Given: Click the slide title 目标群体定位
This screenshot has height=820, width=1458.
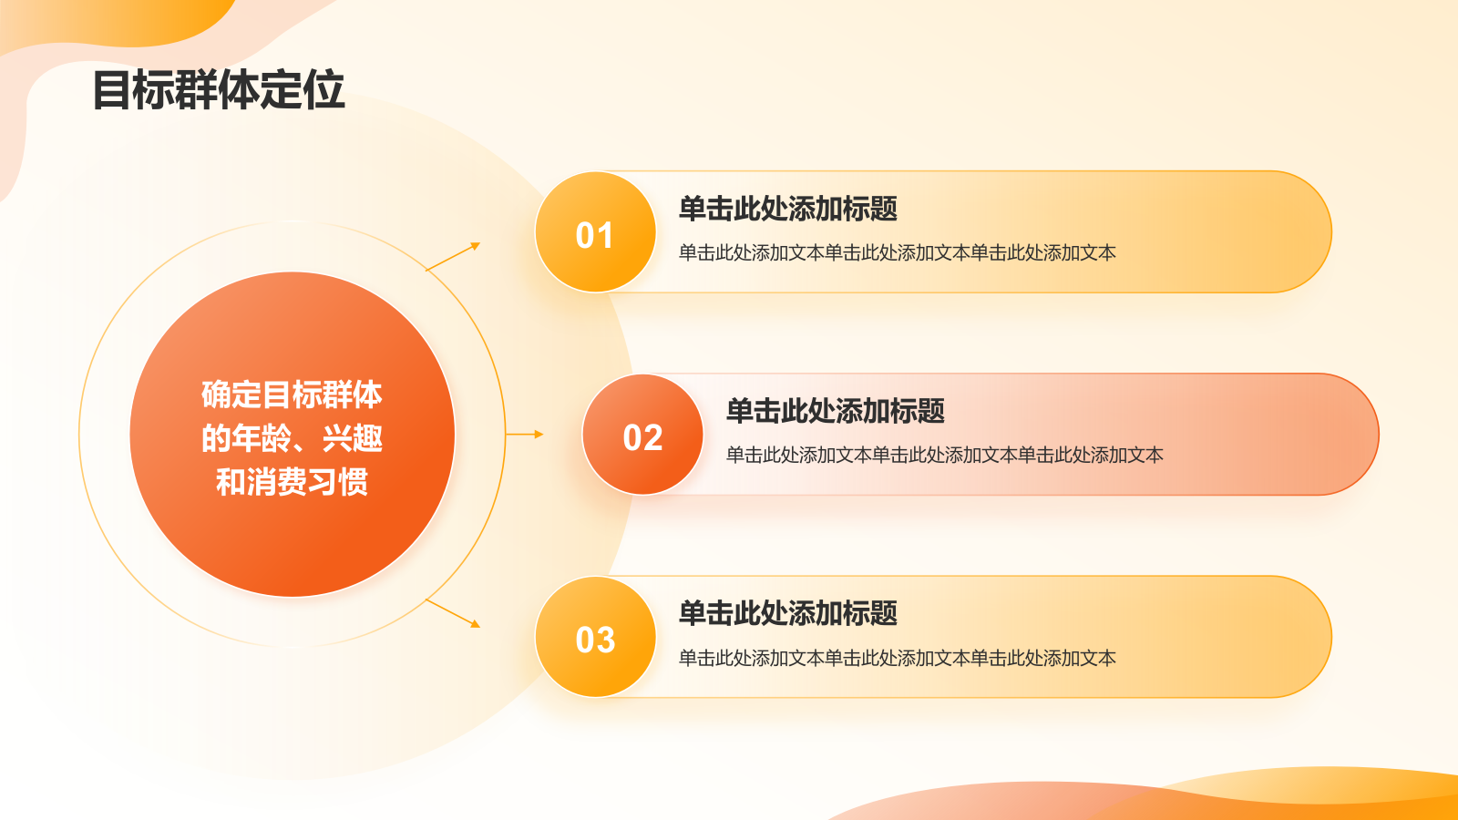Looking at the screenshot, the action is click(x=219, y=90).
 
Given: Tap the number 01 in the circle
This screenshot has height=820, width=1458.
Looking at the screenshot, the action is click(x=594, y=235).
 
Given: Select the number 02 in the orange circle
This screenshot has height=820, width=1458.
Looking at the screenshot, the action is click(x=642, y=437).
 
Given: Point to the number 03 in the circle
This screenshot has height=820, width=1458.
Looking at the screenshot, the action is click(x=595, y=640).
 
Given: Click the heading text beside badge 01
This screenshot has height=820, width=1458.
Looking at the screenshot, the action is click(x=788, y=209).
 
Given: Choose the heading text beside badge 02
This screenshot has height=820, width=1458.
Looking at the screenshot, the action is click(x=835, y=411).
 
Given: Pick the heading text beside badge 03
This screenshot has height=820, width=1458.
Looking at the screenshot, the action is click(x=788, y=613).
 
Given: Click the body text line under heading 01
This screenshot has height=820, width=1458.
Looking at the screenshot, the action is click(x=898, y=252).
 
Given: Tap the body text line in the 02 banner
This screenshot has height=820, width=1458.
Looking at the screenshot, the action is click(x=944, y=455).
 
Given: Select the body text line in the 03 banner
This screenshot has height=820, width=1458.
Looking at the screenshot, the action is click(x=898, y=658).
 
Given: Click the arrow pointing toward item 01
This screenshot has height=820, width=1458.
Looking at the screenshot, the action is click(x=453, y=256).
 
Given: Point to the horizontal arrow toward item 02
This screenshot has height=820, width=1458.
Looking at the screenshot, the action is click(x=525, y=434).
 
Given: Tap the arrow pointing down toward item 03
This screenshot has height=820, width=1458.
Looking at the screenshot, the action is click(x=453, y=614).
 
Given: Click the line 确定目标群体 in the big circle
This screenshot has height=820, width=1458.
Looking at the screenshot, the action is click(x=292, y=395).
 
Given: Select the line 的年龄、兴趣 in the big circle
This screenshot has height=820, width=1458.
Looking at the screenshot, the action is click(x=292, y=438).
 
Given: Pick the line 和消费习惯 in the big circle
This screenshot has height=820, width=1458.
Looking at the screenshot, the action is click(x=292, y=482).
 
